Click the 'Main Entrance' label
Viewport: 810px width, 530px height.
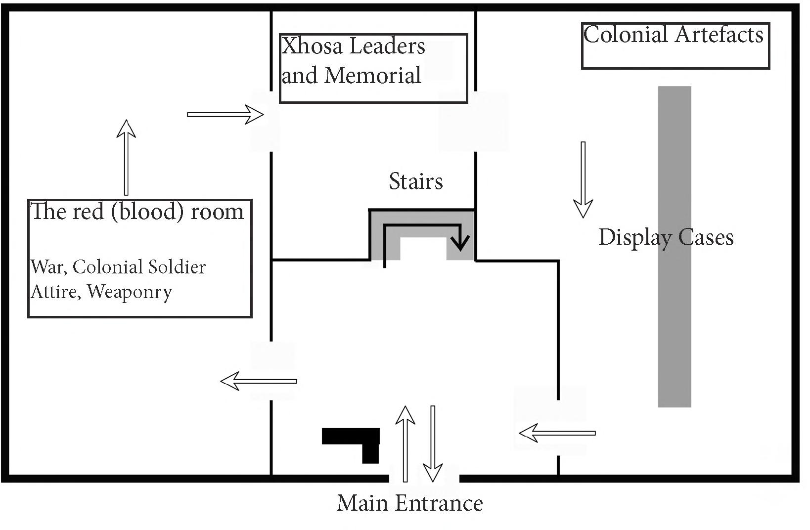tap(409, 503)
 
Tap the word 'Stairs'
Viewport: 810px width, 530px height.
tap(415, 181)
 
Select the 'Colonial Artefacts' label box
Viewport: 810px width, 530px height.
tap(675, 45)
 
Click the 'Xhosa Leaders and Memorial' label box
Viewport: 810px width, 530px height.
tap(373, 68)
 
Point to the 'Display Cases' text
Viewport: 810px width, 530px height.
tap(666, 237)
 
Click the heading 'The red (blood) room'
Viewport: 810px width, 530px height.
tap(137, 212)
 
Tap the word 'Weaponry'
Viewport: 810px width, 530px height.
tap(130, 292)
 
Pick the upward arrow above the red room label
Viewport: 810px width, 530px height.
tap(126, 157)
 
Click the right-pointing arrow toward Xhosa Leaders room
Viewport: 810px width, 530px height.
tap(225, 114)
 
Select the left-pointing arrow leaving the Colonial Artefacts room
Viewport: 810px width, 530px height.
tap(557, 433)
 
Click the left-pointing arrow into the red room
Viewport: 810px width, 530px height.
tap(259, 381)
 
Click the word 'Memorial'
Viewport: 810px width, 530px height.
tap(373, 76)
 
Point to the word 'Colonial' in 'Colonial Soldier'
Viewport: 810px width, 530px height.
tap(104, 267)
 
